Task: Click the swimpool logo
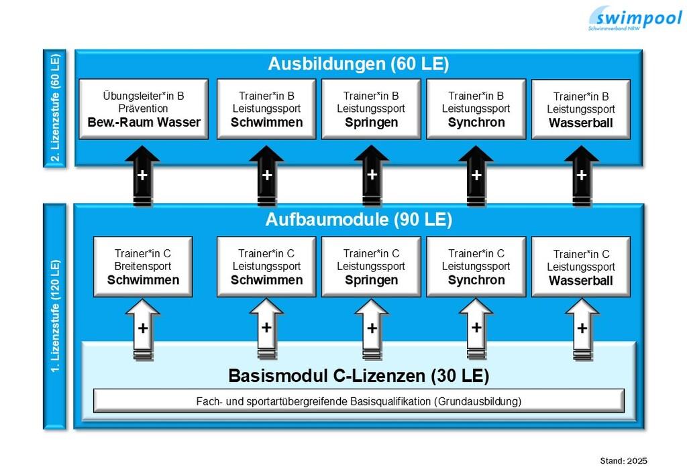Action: (635, 18)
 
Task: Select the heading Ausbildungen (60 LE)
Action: (358, 64)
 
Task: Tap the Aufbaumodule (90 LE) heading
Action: (358, 220)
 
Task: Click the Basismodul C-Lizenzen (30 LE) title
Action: (358, 376)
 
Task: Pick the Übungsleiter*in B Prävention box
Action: (144, 109)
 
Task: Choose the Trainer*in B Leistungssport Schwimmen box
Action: (266, 109)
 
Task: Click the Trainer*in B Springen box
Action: (371, 109)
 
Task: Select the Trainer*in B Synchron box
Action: (476, 109)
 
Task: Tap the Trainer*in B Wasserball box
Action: (581, 109)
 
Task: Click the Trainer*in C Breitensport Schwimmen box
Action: (143, 267)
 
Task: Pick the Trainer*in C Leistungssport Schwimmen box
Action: (266, 267)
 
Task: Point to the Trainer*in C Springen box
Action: (371, 267)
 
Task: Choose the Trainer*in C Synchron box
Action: (476, 267)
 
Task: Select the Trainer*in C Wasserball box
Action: (581, 267)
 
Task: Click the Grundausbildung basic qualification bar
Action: (359, 401)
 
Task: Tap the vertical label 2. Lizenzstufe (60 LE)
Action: (55, 108)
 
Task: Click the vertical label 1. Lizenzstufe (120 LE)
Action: (55, 316)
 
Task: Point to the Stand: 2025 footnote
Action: (623, 460)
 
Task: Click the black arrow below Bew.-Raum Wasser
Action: (142, 176)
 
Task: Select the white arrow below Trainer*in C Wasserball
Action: (582, 330)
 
